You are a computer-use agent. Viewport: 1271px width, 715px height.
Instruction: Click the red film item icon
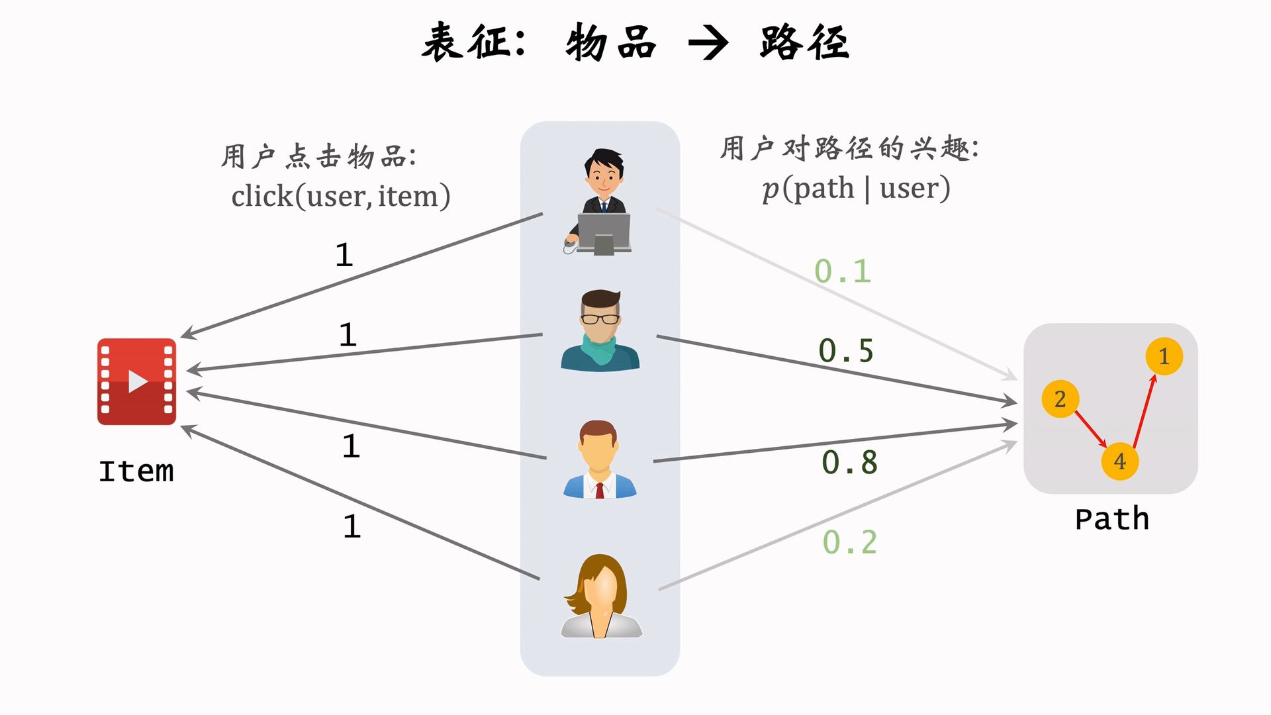tap(136, 381)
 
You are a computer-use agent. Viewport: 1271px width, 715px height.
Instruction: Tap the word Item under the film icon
tap(136, 471)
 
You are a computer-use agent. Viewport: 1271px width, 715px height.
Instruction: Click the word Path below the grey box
tap(1111, 519)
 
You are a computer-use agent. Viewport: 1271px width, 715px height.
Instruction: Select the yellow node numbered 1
tap(1164, 356)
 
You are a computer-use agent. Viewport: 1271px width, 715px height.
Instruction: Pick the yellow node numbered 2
tap(1060, 399)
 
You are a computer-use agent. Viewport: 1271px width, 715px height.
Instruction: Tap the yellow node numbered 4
tap(1119, 461)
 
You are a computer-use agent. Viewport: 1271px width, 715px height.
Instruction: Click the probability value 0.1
tap(842, 271)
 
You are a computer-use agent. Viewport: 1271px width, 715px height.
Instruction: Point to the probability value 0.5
tap(846, 351)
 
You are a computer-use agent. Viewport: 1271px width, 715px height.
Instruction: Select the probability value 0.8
tap(849, 463)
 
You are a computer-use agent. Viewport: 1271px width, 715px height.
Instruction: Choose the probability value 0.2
tap(850, 543)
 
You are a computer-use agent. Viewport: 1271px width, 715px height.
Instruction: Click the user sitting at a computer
tap(599, 202)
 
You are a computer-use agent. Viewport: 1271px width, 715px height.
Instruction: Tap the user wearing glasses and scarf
tap(600, 330)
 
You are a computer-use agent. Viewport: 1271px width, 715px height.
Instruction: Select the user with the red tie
tap(599, 459)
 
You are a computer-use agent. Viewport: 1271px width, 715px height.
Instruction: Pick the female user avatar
tap(601, 596)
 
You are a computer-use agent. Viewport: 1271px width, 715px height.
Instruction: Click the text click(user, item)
tap(341, 197)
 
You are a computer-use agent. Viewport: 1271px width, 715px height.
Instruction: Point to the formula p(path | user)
tap(856, 189)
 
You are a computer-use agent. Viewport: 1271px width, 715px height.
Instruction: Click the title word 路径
tap(804, 43)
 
